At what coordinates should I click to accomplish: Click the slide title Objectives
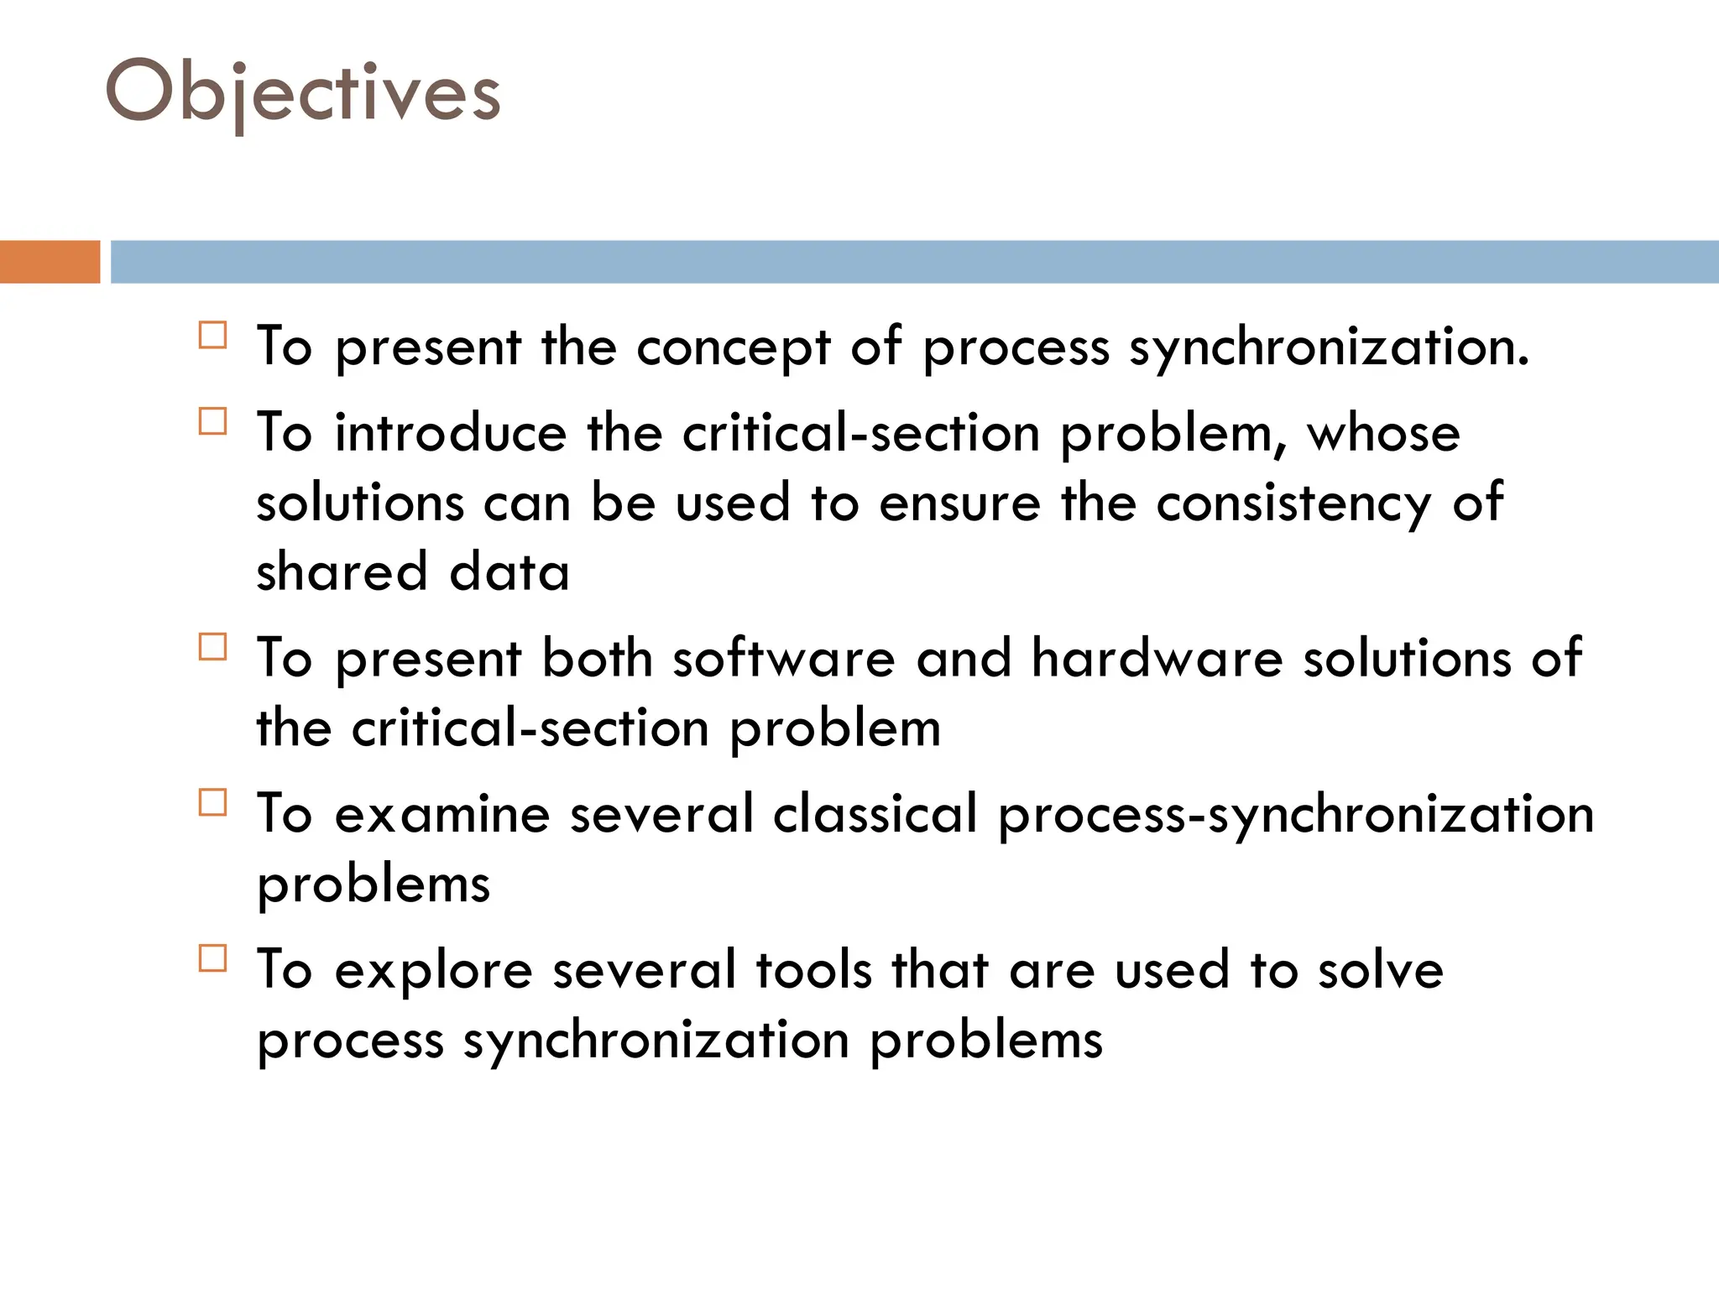tap(303, 92)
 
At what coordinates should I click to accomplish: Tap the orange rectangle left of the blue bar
tap(50, 262)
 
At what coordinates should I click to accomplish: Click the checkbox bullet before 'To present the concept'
tap(213, 335)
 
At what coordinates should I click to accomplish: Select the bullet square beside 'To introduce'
tap(213, 420)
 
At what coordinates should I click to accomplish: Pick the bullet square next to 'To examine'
tap(213, 802)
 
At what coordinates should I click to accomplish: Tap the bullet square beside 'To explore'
tap(213, 958)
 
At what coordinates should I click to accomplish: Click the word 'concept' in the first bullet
tap(733, 347)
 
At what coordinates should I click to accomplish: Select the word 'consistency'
tap(1293, 503)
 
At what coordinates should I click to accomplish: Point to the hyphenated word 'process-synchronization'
tap(1296, 816)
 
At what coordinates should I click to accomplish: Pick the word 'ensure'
tap(959, 503)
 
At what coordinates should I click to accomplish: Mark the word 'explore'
tap(433, 971)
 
